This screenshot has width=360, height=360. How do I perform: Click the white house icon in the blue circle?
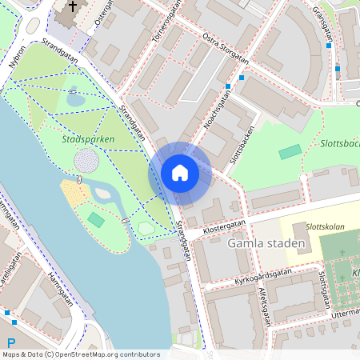click(x=180, y=172)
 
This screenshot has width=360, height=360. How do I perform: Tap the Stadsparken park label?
click(x=88, y=139)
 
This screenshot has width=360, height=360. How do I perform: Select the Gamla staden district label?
click(x=266, y=243)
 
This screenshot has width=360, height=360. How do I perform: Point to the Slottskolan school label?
click(x=324, y=227)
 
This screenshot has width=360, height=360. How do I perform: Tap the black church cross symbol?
click(x=73, y=7)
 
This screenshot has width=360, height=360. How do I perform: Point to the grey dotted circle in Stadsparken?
click(x=86, y=161)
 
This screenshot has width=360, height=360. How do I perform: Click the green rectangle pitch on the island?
click(x=96, y=218)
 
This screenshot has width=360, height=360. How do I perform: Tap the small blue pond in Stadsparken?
click(x=75, y=99)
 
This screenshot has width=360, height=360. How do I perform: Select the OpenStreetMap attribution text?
click(x=80, y=354)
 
